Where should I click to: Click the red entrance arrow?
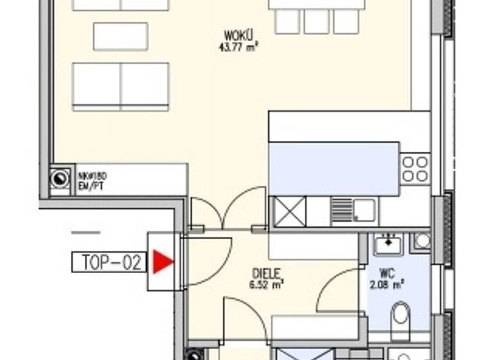[163, 262]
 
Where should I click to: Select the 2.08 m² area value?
[388, 282]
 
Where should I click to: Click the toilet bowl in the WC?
[400, 314]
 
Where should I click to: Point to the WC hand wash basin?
[387, 244]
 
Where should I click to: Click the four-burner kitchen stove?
[416, 168]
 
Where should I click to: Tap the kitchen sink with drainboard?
[354, 210]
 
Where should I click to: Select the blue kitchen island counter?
[334, 168]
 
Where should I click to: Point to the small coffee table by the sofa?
[120, 36]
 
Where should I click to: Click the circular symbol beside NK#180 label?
[60, 177]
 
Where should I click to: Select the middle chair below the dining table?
[316, 21]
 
